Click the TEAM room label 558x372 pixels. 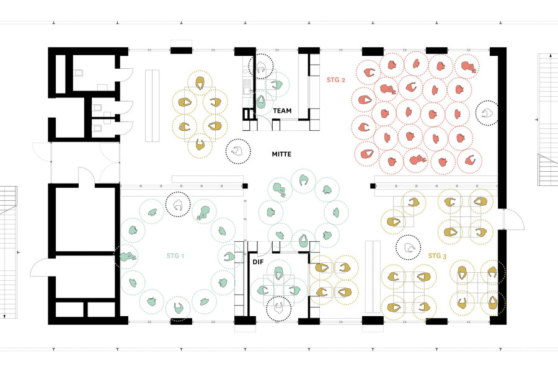click(x=282, y=111)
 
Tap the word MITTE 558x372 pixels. click(x=281, y=154)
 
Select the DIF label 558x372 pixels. click(x=258, y=262)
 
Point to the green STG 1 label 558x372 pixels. click(x=175, y=255)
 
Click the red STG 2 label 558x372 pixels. click(x=335, y=80)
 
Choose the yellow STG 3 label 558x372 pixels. click(x=437, y=255)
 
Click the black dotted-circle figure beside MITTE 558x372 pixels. click(x=238, y=151)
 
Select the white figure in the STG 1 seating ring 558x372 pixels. click(x=179, y=205)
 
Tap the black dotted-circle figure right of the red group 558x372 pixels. click(x=487, y=113)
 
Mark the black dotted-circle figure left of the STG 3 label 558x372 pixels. click(x=408, y=247)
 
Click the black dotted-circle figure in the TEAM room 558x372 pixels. click(x=261, y=66)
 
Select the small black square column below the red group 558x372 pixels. click(x=373, y=186)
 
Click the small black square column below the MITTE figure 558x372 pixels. click(x=245, y=186)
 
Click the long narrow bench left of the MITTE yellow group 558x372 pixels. click(x=152, y=106)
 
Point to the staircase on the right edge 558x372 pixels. click(x=547, y=120)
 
